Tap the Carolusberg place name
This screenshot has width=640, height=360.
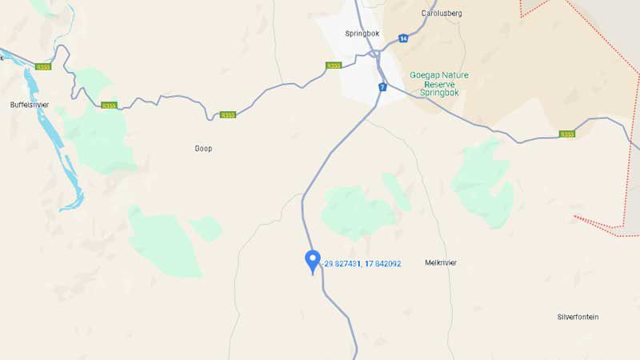tap(442, 14)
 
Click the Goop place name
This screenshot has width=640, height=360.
tap(203, 148)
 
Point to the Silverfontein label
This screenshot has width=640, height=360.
tap(578, 317)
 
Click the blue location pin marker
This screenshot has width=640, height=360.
tap(313, 260)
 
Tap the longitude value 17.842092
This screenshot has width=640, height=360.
tap(383, 263)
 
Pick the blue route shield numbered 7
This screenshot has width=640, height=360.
tap(383, 86)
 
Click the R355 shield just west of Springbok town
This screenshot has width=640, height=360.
tap(334, 66)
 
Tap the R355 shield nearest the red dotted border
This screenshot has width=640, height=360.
tap(567, 134)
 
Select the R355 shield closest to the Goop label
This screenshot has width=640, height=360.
tap(228, 114)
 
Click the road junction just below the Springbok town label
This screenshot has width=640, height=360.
tap(374, 54)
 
